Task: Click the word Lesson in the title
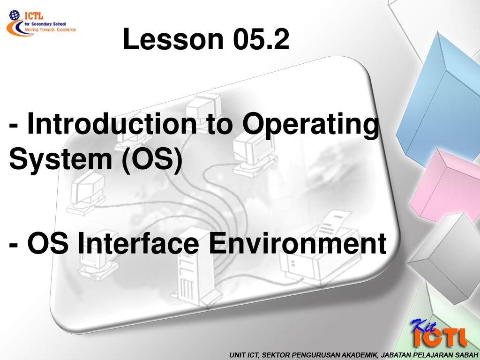(x=173, y=39)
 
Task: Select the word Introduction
(x=112, y=123)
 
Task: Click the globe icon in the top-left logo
(x=14, y=15)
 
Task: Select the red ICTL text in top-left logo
(x=34, y=15)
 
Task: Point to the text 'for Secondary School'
(x=45, y=24)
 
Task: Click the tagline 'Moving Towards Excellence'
(x=50, y=30)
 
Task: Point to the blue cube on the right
(x=441, y=101)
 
